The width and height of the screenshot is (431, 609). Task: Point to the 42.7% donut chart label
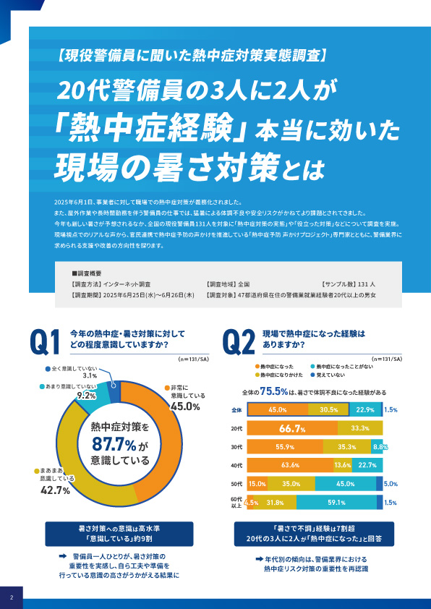pyautogui.click(x=54, y=490)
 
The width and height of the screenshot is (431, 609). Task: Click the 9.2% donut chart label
pyautogui.click(x=86, y=396)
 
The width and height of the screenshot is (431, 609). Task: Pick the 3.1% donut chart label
pyautogui.click(x=90, y=376)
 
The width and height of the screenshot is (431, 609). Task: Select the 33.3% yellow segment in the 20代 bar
pyautogui.click(x=360, y=428)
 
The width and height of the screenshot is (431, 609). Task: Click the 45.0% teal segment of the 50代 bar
pyautogui.click(x=345, y=484)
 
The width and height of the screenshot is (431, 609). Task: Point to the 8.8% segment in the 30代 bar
pyautogui.click(x=378, y=447)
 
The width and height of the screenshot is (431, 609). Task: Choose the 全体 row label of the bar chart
pyautogui.click(x=235, y=409)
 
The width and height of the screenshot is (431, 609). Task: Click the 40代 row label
pyautogui.click(x=235, y=465)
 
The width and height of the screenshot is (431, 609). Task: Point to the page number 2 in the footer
pyautogui.click(x=12, y=597)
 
